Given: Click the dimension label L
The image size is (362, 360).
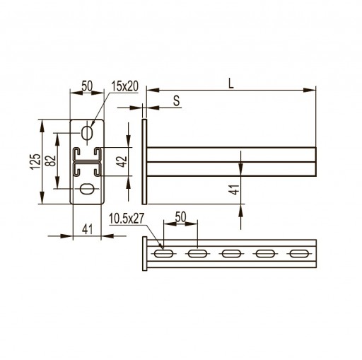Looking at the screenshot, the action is pyautogui.click(x=231, y=83).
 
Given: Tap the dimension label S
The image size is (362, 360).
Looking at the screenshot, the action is pyautogui.click(x=176, y=100).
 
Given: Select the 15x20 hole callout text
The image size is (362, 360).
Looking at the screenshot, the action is pyautogui.click(x=125, y=86).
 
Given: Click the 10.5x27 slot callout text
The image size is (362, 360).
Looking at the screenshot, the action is pyautogui.click(x=127, y=219).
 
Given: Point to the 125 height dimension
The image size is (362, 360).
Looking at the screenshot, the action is pyautogui.click(x=35, y=161).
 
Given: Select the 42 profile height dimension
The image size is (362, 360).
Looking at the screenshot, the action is pyautogui.click(x=122, y=162).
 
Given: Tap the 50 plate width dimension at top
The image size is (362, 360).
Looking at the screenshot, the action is pyautogui.click(x=87, y=86).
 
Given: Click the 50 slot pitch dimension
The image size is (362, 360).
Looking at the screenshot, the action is pyautogui.click(x=180, y=217).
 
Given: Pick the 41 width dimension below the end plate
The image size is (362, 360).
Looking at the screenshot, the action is pyautogui.click(x=87, y=229).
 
